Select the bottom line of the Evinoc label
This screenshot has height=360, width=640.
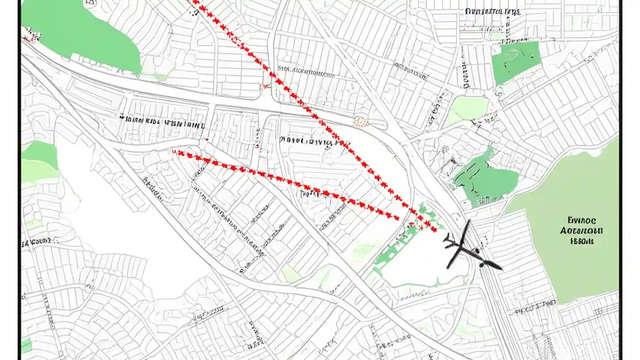582,241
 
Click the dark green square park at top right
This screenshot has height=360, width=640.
516,62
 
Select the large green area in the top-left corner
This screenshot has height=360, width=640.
80,32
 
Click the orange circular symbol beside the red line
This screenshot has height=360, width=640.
360,121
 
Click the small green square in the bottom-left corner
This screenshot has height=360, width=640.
26,345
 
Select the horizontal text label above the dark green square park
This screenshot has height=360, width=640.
492,11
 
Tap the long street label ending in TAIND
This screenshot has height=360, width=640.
162,121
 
